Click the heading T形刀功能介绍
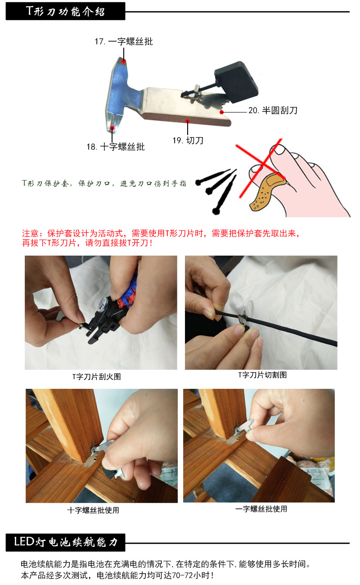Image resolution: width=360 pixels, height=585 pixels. coord(65,11)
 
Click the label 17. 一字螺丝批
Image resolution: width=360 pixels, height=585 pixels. coord(123,42)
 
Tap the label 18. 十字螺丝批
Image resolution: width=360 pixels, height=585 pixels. coord(116,147)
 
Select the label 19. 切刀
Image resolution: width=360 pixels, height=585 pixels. coord(188,140)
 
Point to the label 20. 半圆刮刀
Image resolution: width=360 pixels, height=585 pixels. coord(273,110)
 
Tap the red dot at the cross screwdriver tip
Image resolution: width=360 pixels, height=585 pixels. coord(112,128)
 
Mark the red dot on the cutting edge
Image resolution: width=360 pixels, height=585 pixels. coord(188,121)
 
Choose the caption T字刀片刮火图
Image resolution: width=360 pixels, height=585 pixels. coord(96,377)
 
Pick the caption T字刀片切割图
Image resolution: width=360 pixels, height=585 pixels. coord(262,374)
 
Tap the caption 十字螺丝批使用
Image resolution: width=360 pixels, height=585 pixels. coord(93,510)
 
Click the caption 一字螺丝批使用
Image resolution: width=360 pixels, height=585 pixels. coord(261,509)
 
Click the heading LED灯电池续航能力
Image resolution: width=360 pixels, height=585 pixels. coord(65,542)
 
